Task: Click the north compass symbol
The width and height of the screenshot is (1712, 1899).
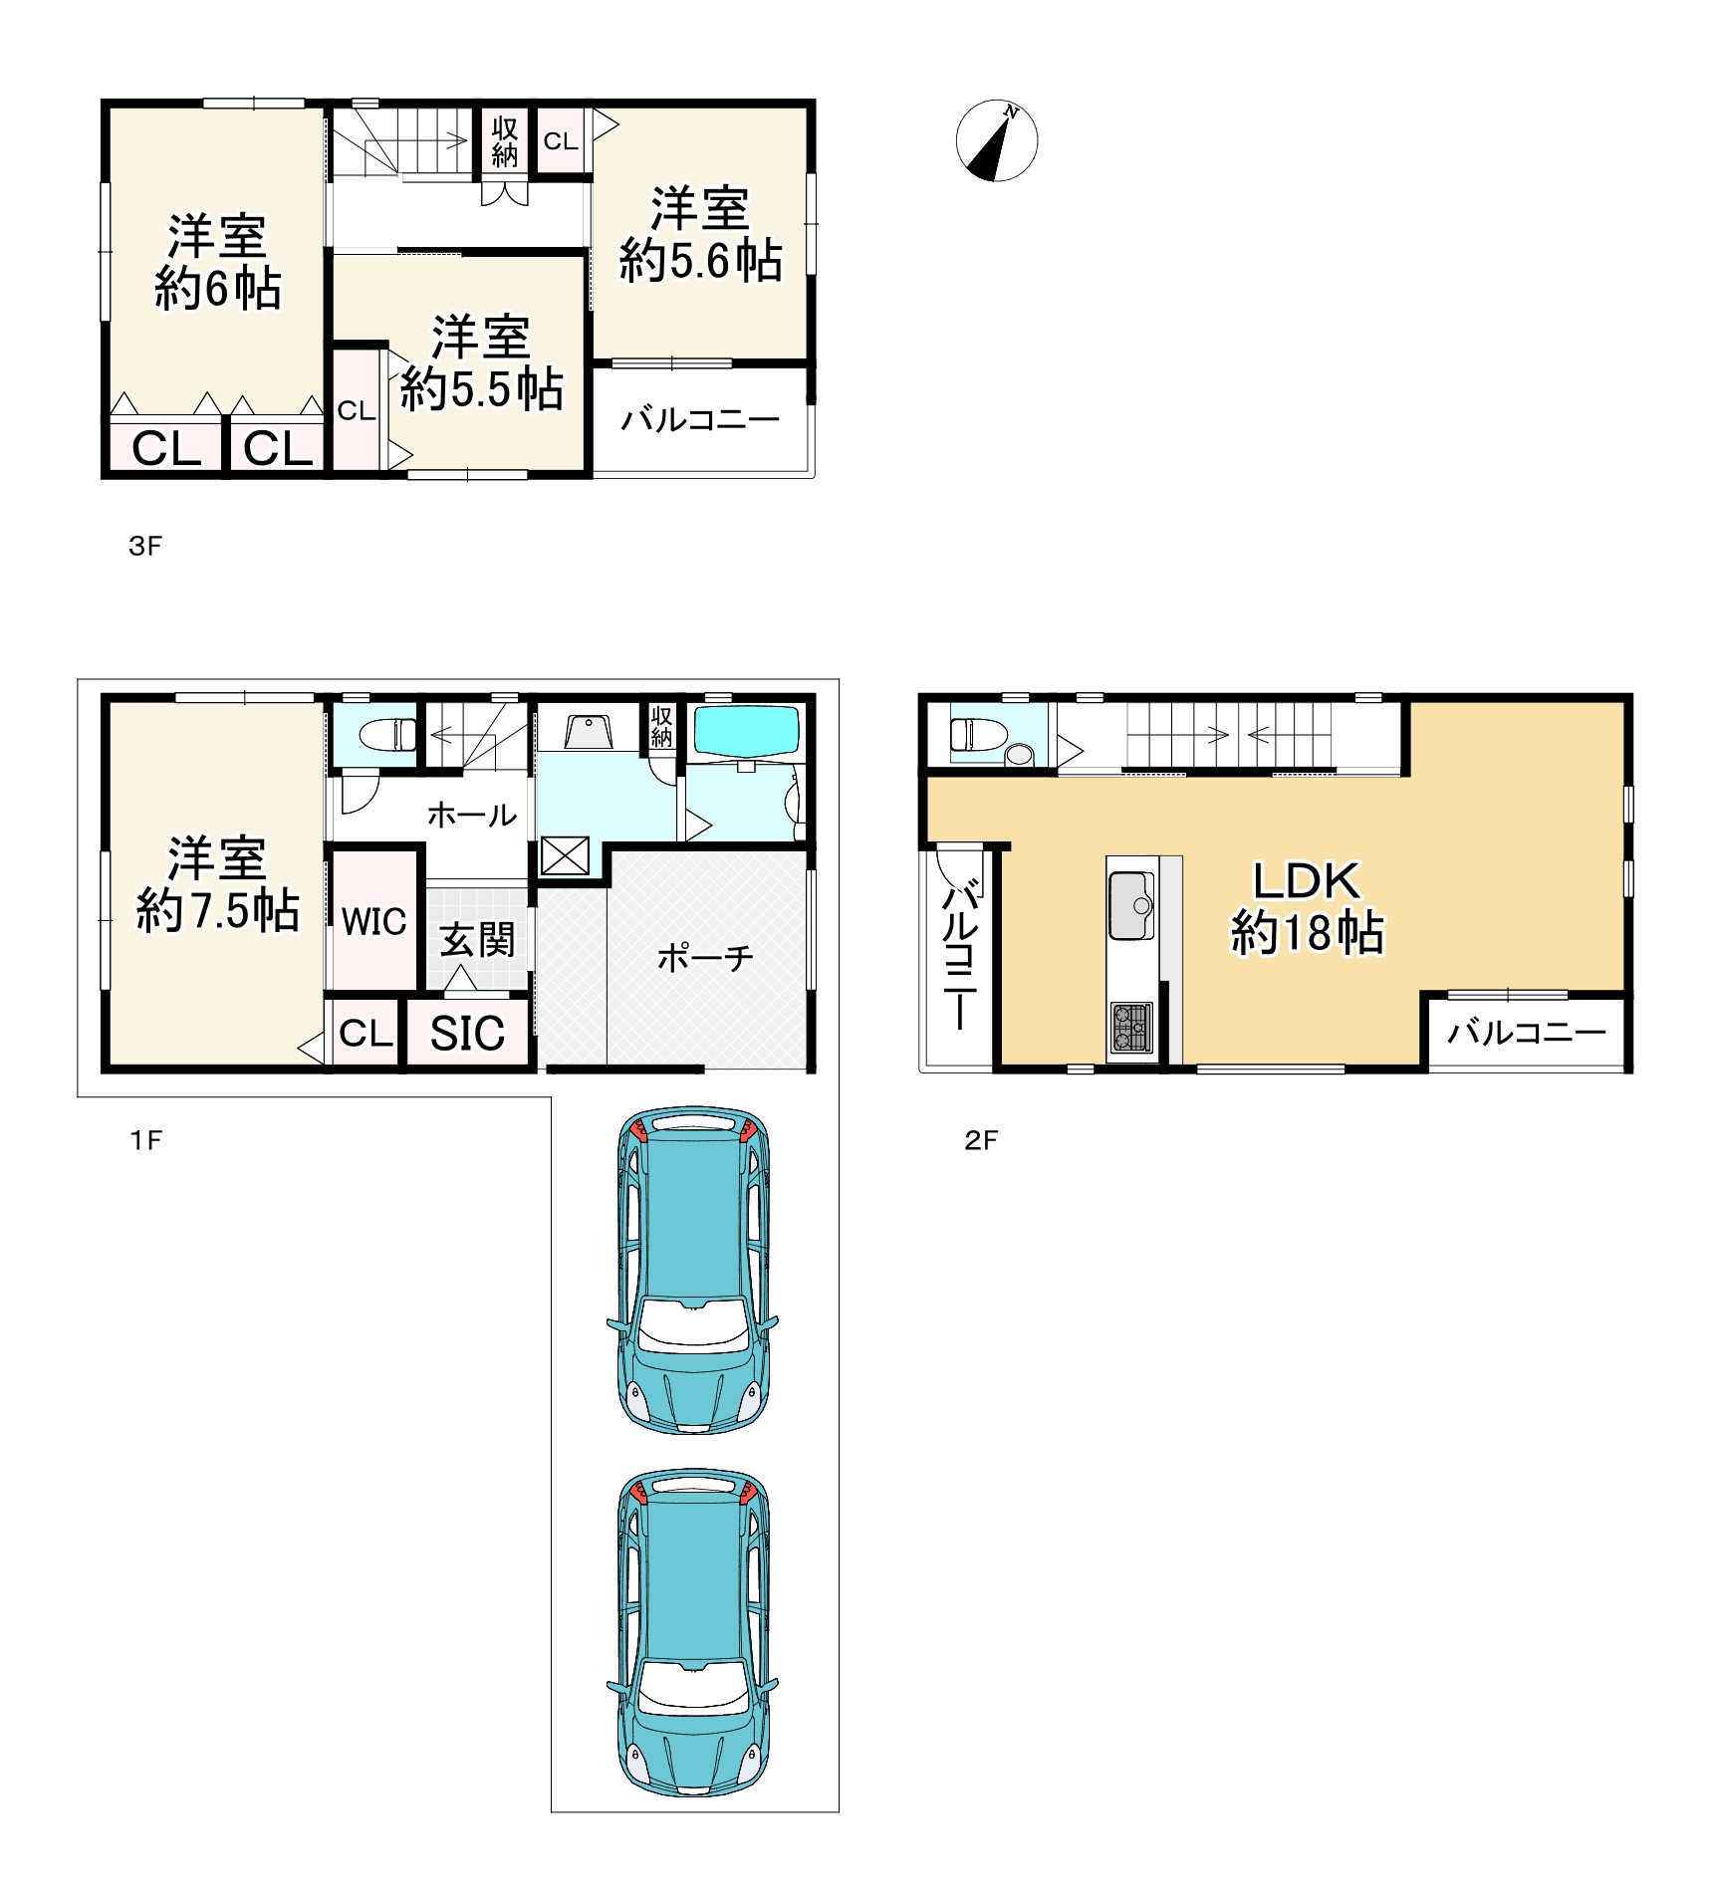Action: coord(997,140)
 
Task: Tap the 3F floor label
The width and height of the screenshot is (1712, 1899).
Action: coord(145,546)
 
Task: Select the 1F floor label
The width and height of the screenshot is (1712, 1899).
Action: coord(145,1140)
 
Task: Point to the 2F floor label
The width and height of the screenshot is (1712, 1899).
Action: coord(981,1140)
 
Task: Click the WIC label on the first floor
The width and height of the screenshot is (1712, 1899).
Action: coord(374,921)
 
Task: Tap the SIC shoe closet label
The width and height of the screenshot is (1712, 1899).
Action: coord(467,1033)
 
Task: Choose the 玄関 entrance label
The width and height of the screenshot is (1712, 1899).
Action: coord(477,939)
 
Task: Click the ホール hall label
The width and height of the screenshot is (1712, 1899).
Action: coord(472,815)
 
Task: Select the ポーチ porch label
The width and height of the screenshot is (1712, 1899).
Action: coord(705,958)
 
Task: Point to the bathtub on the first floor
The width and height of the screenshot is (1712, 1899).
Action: coord(746,732)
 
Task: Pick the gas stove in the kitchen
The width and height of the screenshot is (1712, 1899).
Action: coord(1131,1028)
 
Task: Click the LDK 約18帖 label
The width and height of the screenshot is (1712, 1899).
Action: coord(1308,907)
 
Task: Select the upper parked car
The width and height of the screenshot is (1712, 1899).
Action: coord(693,1270)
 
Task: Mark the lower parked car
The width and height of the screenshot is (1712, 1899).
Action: coord(693,1632)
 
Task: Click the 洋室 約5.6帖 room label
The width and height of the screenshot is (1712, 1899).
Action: coord(700,235)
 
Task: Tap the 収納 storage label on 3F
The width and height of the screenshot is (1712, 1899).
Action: coord(505,141)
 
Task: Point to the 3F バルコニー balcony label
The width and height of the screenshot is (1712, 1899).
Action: coord(700,420)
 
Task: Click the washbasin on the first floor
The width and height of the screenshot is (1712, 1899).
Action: coord(589,732)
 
